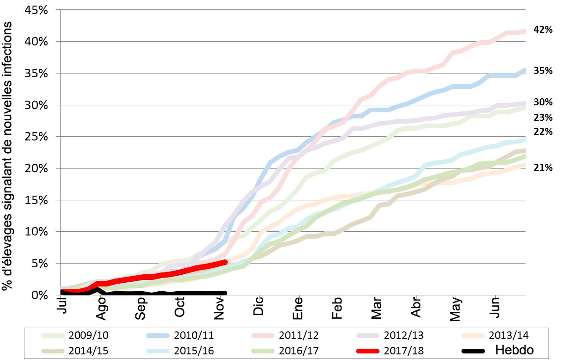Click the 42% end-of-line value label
point(543,29)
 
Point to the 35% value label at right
point(543,71)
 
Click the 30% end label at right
point(543,102)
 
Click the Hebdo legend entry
point(497,350)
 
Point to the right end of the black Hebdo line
point(225,293)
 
